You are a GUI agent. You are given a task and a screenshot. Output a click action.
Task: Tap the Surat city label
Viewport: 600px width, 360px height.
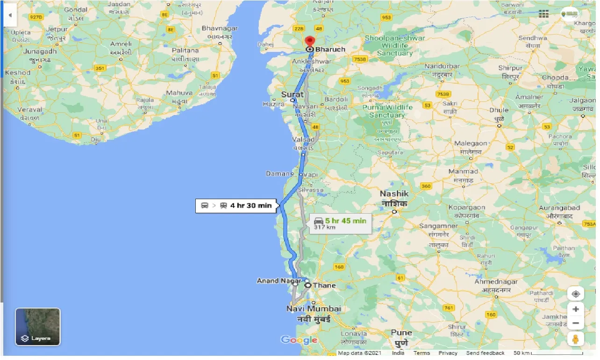292,94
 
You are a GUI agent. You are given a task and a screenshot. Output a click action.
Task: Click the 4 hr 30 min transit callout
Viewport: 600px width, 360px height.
236,206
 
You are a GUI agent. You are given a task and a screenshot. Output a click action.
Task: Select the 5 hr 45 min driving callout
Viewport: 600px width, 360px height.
341,223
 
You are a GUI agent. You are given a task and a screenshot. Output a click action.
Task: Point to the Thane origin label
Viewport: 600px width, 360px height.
324,285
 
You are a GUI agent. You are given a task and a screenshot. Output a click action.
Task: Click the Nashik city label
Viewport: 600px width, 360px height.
394,194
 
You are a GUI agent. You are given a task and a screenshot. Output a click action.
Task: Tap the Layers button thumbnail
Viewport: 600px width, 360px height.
38,326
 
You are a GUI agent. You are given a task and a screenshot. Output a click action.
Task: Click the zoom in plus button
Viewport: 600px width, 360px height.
576,309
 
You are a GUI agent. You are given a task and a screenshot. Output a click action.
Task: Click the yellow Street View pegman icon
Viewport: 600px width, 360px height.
576,339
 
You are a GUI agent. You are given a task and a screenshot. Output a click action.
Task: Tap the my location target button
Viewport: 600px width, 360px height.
576,294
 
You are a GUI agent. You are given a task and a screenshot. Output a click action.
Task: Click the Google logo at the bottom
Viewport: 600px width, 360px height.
299,340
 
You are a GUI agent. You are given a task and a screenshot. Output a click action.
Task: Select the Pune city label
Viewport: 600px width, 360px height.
401,333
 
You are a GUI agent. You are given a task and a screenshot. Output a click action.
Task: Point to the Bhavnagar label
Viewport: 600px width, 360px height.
220,29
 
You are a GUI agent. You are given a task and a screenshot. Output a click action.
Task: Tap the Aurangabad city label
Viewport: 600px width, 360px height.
560,208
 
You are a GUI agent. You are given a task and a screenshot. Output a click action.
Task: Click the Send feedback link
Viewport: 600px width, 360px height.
485,353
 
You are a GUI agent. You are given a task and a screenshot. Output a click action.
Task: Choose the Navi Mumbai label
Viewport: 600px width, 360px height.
314,309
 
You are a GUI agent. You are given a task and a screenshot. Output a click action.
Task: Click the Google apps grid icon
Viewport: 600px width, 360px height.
543,14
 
